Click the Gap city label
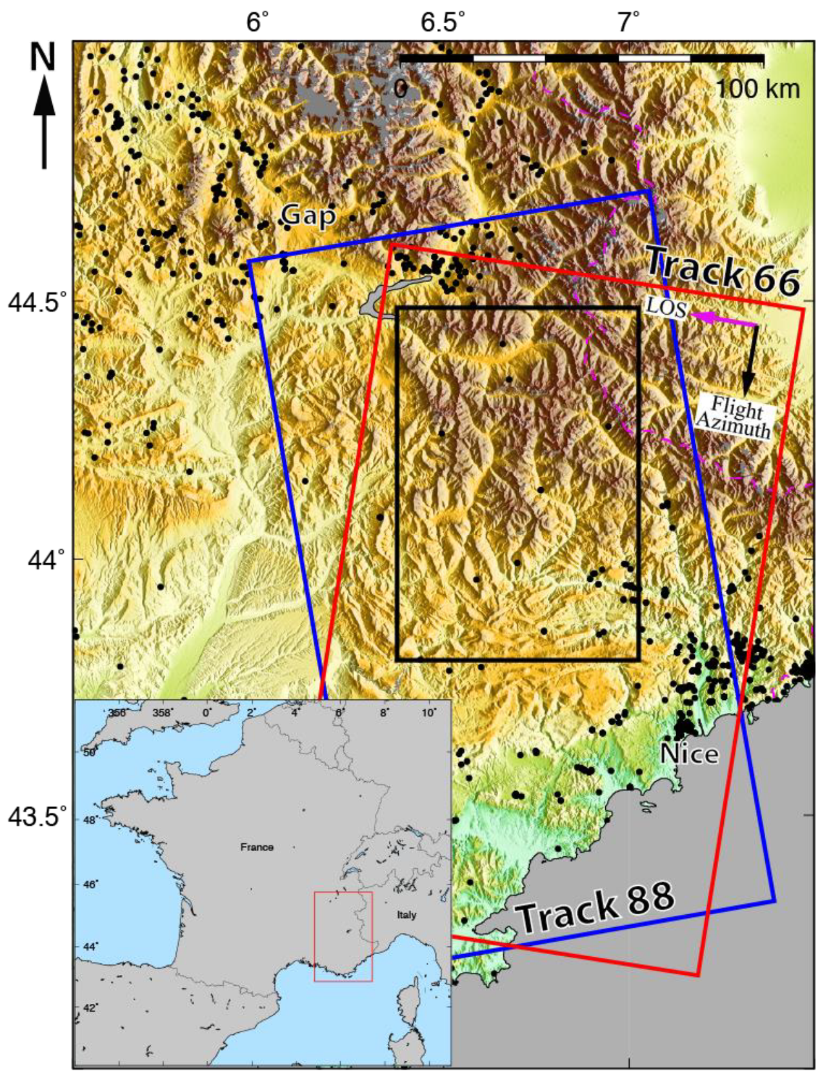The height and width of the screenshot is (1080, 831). [x=308, y=215]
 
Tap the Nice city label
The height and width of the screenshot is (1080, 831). [x=689, y=753]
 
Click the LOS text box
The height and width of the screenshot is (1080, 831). [x=666, y=306]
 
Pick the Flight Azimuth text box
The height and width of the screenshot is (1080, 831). [x=735, y=416]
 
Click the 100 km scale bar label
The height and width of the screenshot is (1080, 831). [x=757, y=88]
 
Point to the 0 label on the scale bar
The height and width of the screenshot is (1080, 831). [x=401, y=88]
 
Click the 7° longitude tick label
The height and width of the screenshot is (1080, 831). [x=627, y=23]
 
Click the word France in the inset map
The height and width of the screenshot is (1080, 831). [x=257, y=847]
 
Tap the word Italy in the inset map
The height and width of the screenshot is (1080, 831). [x=406, y=915]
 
